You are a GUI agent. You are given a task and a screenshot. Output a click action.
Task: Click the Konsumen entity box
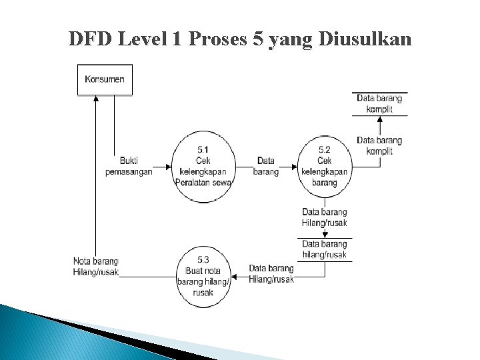pos(105,79)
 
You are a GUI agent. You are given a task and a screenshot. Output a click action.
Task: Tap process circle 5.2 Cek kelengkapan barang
pos(325,166)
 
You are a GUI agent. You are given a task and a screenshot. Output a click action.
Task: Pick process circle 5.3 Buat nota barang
pos(203,275)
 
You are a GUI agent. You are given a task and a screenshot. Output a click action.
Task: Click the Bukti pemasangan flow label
pos(129,166)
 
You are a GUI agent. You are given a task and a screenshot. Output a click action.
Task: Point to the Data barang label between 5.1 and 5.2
pos(266,166)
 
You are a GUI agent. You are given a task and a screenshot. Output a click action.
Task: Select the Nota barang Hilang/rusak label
pos(96,266)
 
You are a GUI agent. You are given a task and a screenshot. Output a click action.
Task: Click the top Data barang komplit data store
pos(379,104)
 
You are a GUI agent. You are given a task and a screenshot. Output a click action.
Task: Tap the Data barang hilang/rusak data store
pos(325,249)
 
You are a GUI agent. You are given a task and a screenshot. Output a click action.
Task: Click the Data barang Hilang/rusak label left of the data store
pos(271,273)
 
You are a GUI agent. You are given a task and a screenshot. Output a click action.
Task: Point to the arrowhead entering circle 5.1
pos(168,166)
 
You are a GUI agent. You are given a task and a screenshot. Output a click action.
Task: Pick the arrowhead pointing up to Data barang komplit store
pos(379,119)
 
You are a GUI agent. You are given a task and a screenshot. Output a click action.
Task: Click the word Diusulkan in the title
pos(366,40)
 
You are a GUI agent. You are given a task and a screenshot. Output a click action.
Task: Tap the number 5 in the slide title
pos(257,40)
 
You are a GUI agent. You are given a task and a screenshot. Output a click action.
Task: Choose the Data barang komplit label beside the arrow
pos(379,146)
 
